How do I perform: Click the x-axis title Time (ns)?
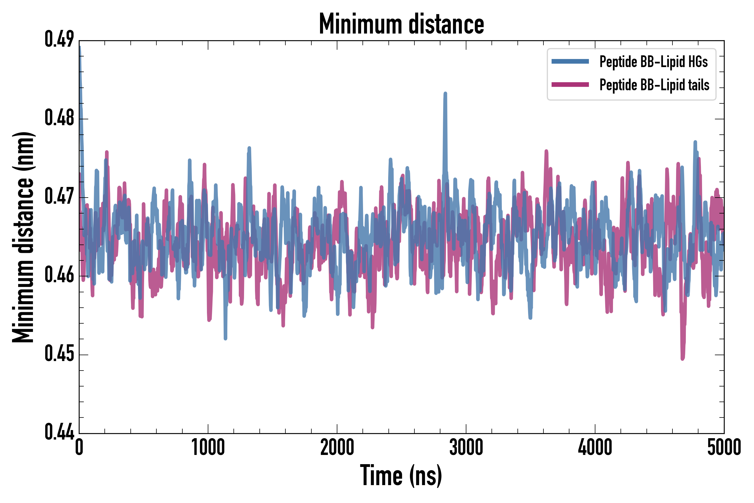point(401,475)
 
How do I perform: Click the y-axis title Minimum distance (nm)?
point(23,237)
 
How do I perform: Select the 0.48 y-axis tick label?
point(59,118)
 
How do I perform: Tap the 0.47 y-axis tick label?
point(59,196)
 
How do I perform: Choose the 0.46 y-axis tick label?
point(59,275)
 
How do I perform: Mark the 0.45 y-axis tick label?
point(59,353)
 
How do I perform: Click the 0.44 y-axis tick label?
point(59,432)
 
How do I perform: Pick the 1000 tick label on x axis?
point(208,447)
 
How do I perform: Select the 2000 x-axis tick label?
point(337,447)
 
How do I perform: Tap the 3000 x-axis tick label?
point(466,447)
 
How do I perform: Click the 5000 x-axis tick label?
point(724,447)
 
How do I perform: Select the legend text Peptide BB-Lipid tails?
point(654,85)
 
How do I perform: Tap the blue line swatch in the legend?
point(570,61)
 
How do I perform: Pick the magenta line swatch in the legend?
point(570,85)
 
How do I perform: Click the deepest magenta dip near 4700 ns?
point(683,359)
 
